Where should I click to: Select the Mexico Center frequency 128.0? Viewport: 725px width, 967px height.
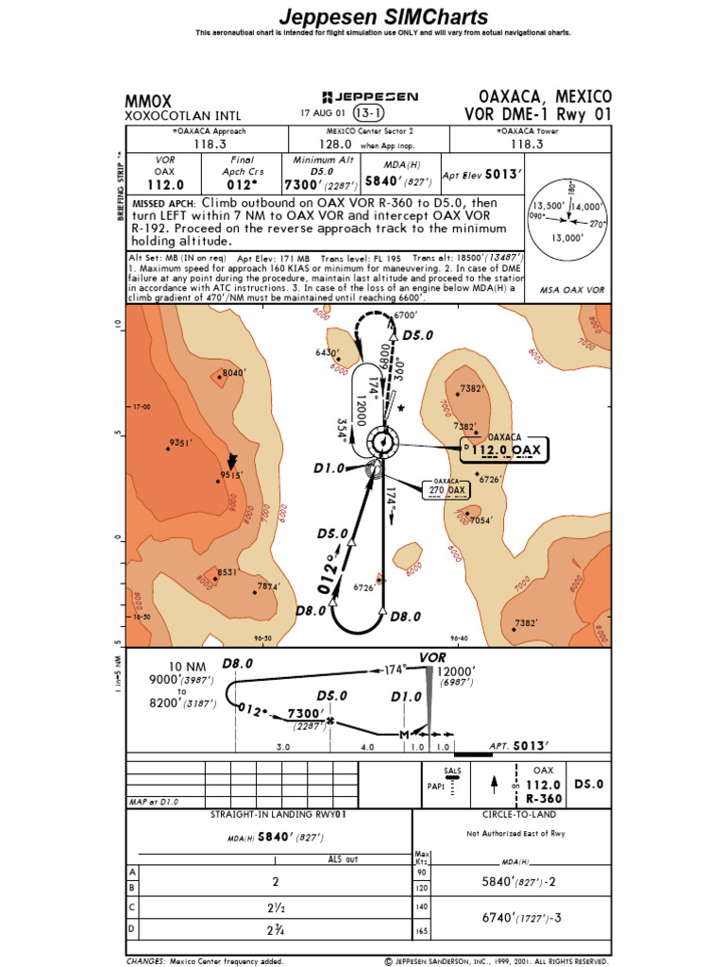[335, 145]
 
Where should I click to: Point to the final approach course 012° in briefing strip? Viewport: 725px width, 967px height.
[243, 186]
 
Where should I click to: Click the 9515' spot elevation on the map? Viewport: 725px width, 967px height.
[233, 476]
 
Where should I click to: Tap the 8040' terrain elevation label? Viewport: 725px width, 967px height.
[233, 373]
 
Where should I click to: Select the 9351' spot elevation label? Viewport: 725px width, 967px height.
[180, 442]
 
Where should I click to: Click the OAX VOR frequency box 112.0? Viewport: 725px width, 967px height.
[503, 450]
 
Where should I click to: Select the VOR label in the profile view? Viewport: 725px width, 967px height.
[432, 656]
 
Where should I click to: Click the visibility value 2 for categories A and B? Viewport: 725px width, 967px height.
[276, 881]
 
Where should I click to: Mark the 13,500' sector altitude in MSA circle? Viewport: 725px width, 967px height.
[548, 207]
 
